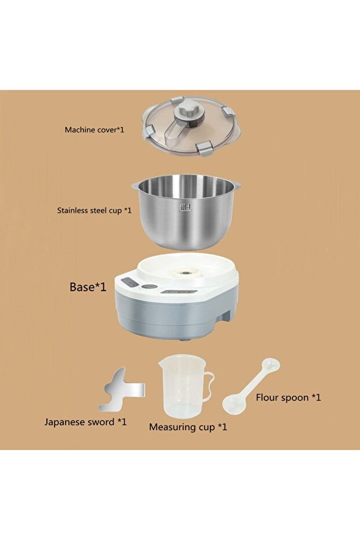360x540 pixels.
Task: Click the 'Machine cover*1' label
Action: coord(94,130)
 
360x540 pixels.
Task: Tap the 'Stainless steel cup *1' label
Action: coord(94,211)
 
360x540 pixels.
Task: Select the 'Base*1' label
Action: coord(88,287)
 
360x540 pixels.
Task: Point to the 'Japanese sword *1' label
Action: coord(85,422)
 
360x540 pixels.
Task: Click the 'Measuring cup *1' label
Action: coord(188,427)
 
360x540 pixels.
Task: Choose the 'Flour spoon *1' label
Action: coord(288,397)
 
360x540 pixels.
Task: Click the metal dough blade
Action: coord(121,390)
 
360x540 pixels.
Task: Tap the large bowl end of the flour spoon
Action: coord(234,404)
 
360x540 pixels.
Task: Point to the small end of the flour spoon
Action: coord(271,364)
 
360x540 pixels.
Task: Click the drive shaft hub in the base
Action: coord(186,273)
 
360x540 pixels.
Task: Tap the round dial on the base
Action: coord(150,287)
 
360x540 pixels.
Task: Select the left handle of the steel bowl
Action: coord(135,186)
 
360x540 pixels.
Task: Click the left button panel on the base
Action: coord(130,282)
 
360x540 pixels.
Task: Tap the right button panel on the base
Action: coord(179,292)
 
